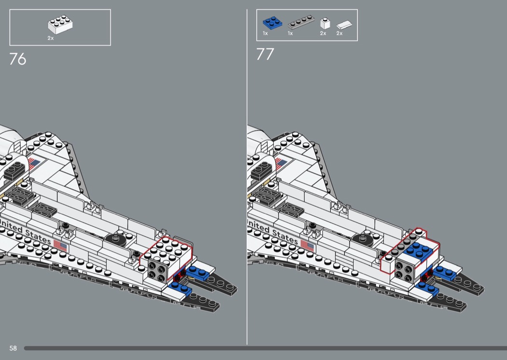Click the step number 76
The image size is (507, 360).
(x=18, y=59)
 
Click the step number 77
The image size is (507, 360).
(x=265, y=54)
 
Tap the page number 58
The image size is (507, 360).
(x=13, y=348)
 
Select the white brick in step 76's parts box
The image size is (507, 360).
(x=60, y=26)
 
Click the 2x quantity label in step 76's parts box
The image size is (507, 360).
(x=51, y=38)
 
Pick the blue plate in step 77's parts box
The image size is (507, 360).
(x=272, y=23)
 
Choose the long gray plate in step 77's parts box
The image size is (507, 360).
(x=301, y=22)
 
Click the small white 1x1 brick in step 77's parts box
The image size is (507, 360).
(x=325, y=23)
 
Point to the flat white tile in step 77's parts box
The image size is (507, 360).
(x=344, y=25)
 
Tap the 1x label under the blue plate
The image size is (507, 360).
(x=265, y=33)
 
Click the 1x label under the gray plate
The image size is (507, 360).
(x=290, y=33)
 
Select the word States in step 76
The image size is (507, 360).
(x=38, y=235)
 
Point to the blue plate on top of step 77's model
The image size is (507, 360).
(x=418, y=249)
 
